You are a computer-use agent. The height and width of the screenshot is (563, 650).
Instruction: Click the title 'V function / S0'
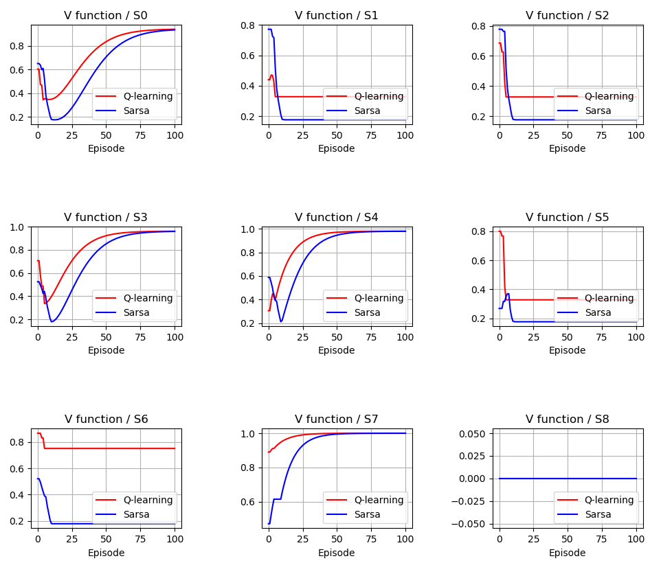click(106, 15)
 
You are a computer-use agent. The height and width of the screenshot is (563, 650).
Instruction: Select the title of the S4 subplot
click(336, 217)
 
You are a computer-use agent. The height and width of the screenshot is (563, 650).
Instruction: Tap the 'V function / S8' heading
click(567, 419)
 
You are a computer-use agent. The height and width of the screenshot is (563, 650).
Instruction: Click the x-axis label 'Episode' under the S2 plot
click(567, 148)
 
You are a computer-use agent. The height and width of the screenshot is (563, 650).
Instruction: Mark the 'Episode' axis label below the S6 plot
click(106, 553)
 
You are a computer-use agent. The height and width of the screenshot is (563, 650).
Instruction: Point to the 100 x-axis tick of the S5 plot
click(636, 337)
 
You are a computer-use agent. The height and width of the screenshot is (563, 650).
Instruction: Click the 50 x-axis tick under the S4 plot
click(337, 337)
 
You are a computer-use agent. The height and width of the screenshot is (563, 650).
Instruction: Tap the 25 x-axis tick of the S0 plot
click(71, 135)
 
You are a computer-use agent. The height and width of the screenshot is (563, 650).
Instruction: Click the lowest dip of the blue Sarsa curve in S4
click(281, 321)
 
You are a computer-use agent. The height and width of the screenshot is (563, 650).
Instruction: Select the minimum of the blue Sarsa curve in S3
click(52, 321)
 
